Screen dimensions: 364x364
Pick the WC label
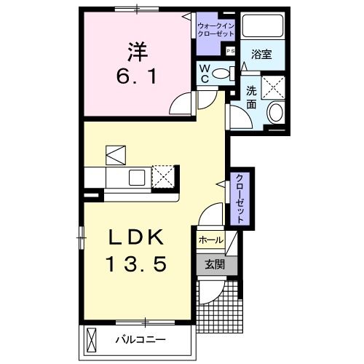[x=206, y=74]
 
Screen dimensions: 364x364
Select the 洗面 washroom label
[x=251, y=97]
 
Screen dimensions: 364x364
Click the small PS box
[x=231, y=51]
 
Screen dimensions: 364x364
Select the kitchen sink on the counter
[x=136, y=177]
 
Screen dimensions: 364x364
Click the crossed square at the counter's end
[x=164, y=176]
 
